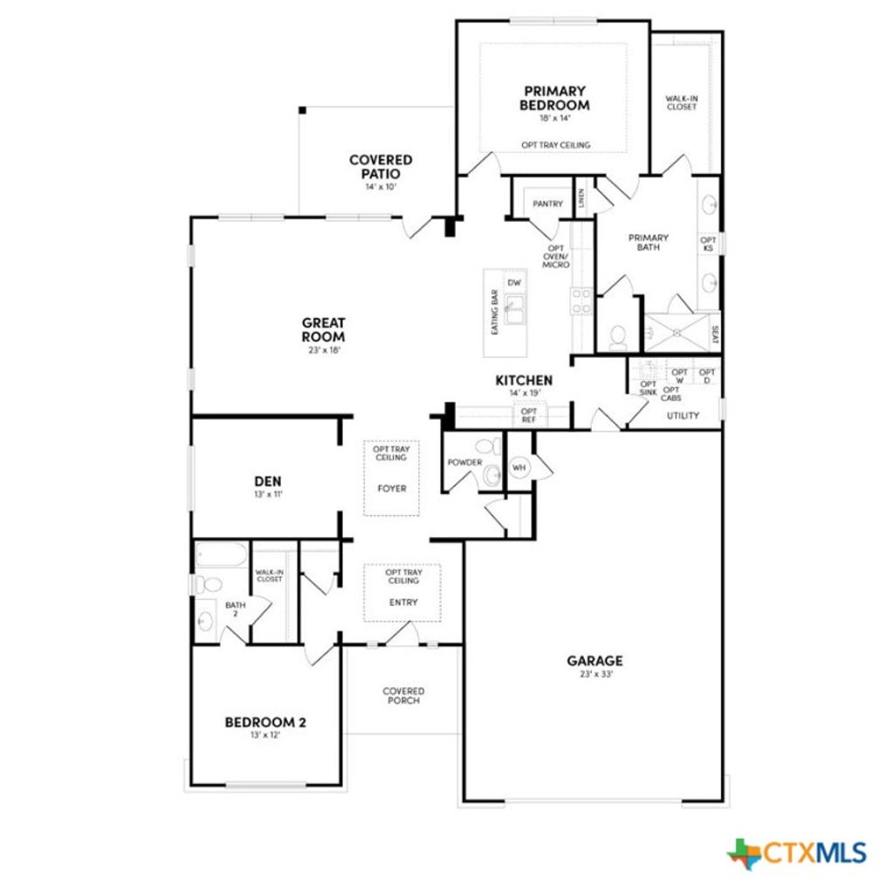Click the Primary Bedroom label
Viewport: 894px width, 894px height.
click(x=555, y=98)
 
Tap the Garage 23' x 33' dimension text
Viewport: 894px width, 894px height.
click(x=595, y=674)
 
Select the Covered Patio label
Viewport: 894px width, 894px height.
click(x=381, y=167)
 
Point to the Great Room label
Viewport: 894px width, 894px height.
click(x=323, y=329)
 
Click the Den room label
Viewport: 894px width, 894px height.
click(x=268, y=481)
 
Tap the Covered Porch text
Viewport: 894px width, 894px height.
click(x=403, y=696)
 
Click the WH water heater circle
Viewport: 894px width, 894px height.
click(x=519, y=468)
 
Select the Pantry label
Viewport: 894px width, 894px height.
click(x=548, y=203)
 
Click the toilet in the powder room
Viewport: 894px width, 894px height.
click(x=493, y=447)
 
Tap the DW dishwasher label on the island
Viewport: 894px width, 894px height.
click(x=515, y=282)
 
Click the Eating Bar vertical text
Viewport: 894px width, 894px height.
click(x=494, y=313)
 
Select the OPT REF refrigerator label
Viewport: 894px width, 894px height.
click(x=529, y=416)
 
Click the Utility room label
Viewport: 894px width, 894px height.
click(x=683, y=416)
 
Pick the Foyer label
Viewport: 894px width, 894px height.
click(x=392, y=489)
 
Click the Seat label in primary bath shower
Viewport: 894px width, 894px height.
click(x=715, y=333)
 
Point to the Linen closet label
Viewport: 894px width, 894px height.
click(x=581, y=199)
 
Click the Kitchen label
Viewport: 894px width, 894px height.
click(x=524, y=380)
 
